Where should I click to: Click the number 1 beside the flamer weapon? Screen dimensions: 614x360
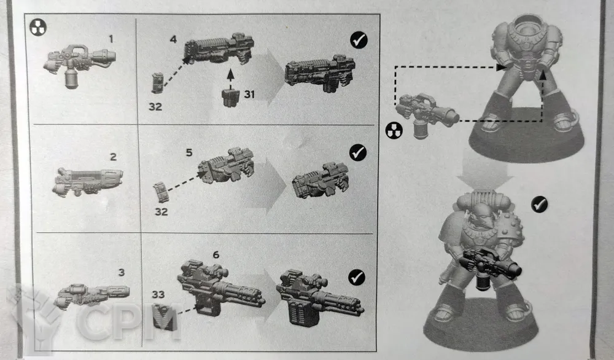111,39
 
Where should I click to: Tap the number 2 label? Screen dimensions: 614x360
113,157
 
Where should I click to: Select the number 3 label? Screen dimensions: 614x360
122,272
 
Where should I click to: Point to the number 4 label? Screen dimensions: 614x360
173,39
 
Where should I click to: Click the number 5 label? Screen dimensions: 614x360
189,152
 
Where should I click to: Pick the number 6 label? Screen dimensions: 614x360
216,255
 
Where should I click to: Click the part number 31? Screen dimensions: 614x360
249,95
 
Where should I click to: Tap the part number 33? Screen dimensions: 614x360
158,294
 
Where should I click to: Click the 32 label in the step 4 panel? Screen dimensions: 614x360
155,106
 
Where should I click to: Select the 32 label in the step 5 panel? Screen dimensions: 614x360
161,211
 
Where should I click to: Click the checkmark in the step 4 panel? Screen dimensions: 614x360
359,40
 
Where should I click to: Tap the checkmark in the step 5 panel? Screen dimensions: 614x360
357,153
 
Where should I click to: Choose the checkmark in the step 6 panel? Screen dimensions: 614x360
356,277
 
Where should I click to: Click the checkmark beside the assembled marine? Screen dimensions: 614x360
539,205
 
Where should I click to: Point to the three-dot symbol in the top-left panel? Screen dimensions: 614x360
38,28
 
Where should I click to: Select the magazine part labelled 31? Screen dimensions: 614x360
230,98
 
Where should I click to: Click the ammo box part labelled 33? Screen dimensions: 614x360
163,317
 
